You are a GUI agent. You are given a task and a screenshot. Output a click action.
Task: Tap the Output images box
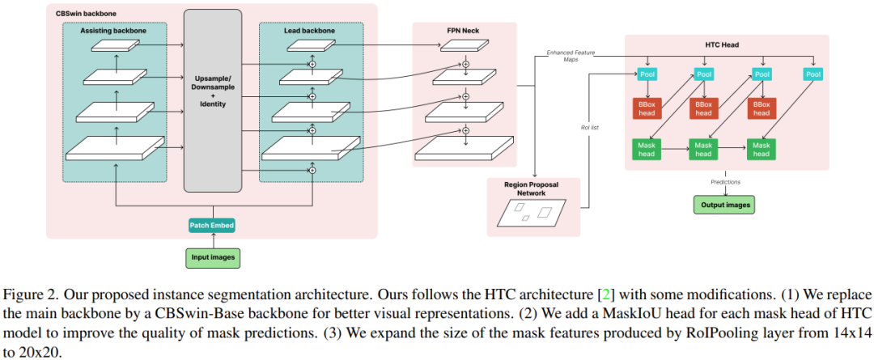pos(723,205)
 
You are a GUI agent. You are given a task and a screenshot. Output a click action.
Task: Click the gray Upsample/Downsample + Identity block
pos(213,101)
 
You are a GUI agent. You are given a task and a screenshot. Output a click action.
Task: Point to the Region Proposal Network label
pos(533,188)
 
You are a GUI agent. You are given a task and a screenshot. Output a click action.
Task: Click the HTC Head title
pos(727,44)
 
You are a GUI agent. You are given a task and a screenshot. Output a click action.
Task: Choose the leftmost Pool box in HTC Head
pos(647,74)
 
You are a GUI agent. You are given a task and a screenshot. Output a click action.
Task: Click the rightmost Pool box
pos(812,74)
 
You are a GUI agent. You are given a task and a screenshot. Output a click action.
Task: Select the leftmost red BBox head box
pos(647,108)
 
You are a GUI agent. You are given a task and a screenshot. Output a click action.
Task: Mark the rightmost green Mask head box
pos(761,149)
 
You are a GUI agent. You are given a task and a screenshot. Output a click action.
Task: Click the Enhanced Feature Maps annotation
pos(571,56)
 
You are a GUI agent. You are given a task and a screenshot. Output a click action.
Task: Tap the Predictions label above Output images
pos(725,182)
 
